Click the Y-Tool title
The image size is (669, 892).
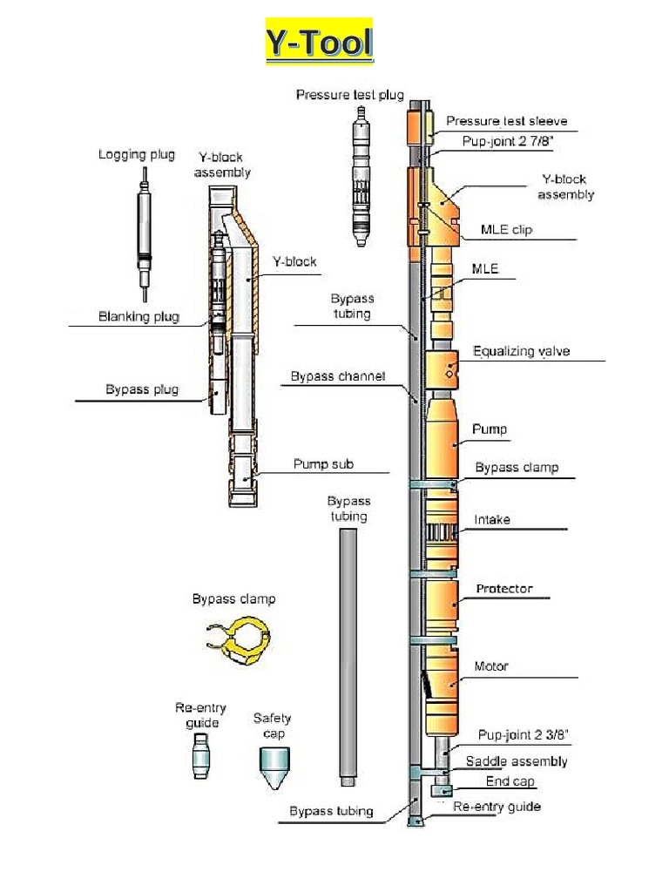point(319,42)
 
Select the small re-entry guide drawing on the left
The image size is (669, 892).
point(201,755)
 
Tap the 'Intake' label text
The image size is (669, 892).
point(492,520)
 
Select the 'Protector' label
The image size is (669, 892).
point(503,589)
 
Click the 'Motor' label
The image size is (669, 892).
point(491,666)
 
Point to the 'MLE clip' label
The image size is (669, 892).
point(506,230)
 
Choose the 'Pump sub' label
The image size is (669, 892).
point(323,464)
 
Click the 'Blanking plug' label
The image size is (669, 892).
point(139,317)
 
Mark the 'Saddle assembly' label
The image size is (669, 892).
point(516,761)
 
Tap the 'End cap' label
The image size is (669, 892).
point(510,781)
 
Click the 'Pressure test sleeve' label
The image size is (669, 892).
point(506,121)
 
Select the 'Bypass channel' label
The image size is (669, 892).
point(338,376)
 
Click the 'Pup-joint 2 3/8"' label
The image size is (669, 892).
point(524,735)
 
